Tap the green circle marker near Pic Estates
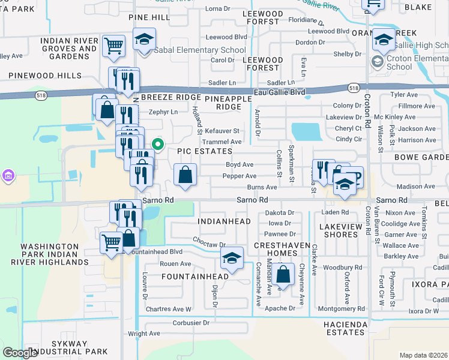pyautogui.click(x=158, y=144)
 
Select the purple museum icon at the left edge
pyautogui.click(x=8, y=175)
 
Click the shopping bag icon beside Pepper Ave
pyautogui.click(x=185, y=175)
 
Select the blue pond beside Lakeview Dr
pyautogui.click(x=306, y=131)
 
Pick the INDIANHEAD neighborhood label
pyautogui.click(x=223, y=221)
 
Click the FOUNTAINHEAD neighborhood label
pyautogui.click(x=195, y=277)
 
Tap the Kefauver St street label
pyautogui.click(x=222, y=130)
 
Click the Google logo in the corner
pyautogui.click(x=20, y=353)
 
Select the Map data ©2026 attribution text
pyautogui.click(x=423, y=355)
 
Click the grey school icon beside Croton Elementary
pyautogui.click(x=377, y=61)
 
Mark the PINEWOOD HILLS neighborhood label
pyautogui.click(x=44, y=76)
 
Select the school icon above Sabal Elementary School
pyautogui.click(x=144, y=40)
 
